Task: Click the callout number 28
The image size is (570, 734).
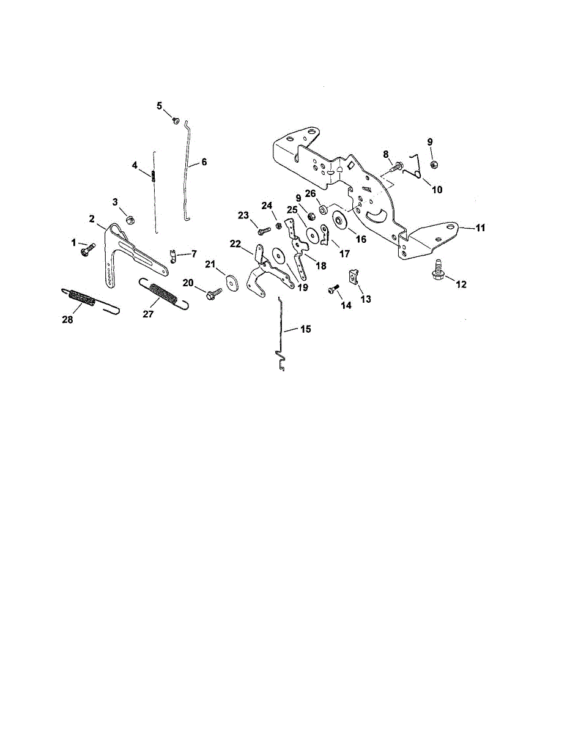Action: click(x=67, y=320)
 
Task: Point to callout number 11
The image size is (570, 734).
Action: click(x=480, y=228)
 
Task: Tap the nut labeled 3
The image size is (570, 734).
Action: click(x=129, y=219)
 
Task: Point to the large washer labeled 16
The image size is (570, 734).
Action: click(x=338, y=222)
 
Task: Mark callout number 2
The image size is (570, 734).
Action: click(x=91, y=219)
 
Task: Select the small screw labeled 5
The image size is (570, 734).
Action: click(x=175, y=120)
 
